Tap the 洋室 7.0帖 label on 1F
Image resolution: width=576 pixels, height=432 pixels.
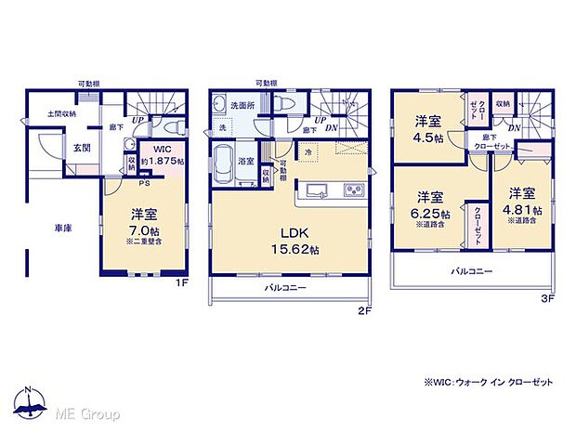click(x=147, y=219)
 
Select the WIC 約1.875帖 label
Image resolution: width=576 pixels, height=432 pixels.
click(x=162, y=155)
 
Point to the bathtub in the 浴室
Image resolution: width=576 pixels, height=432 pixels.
click(x=227, y=165)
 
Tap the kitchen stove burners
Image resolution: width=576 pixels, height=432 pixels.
click(x=356, y=191)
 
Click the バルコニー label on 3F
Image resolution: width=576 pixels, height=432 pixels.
click(x=472, y=271)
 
